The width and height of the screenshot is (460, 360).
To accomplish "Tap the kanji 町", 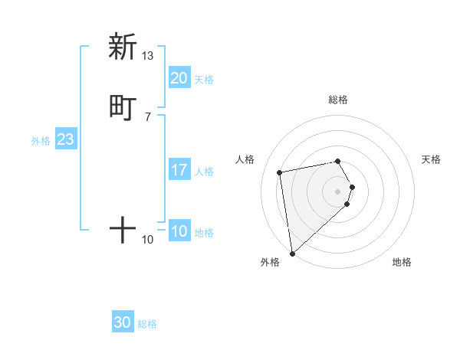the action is point(123,107).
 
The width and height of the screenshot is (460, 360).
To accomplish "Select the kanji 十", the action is point(123,229).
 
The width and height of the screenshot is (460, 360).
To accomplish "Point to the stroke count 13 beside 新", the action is point(148,56).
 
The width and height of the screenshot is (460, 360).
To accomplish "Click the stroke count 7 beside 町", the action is point(148,116).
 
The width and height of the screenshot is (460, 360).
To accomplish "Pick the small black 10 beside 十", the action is point(148,240).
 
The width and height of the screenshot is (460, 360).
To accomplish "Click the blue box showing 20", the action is point(179,77).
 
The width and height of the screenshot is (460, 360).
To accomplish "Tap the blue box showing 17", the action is point(179,170).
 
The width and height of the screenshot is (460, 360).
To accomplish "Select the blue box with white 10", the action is point(179,231).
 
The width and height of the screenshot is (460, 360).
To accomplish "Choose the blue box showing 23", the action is point(65,139).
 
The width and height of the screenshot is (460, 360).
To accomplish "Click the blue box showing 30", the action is point(123,322).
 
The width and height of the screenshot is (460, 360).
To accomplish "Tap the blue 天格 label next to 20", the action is point(204,80).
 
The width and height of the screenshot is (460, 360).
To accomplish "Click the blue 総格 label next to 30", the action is point(147,325).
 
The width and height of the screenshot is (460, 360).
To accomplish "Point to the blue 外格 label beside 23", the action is point(41,141).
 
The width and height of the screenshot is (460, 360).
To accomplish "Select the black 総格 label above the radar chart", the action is point(338,100).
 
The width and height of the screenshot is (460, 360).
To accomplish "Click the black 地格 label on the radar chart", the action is point(402,263).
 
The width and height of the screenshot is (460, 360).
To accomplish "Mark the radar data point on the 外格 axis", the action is point(292,253).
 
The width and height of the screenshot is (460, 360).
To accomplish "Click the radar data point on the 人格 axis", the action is point(280,171).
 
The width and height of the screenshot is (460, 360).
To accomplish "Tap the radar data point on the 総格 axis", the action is point(338,161).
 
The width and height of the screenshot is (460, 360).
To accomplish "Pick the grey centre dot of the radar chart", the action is point(338,191).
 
